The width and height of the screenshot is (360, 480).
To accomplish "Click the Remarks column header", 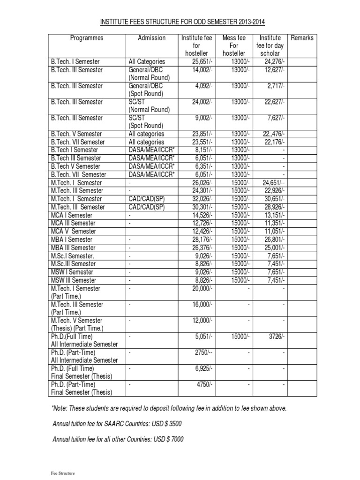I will (302, 38).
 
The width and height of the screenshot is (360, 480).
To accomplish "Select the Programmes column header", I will (87, 38).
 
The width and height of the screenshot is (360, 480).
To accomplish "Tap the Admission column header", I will (151, 38).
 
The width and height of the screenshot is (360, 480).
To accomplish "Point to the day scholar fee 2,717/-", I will (275, 86).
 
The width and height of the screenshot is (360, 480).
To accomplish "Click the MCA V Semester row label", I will (74, 231).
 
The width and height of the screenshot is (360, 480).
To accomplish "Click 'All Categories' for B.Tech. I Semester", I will (147, 62).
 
